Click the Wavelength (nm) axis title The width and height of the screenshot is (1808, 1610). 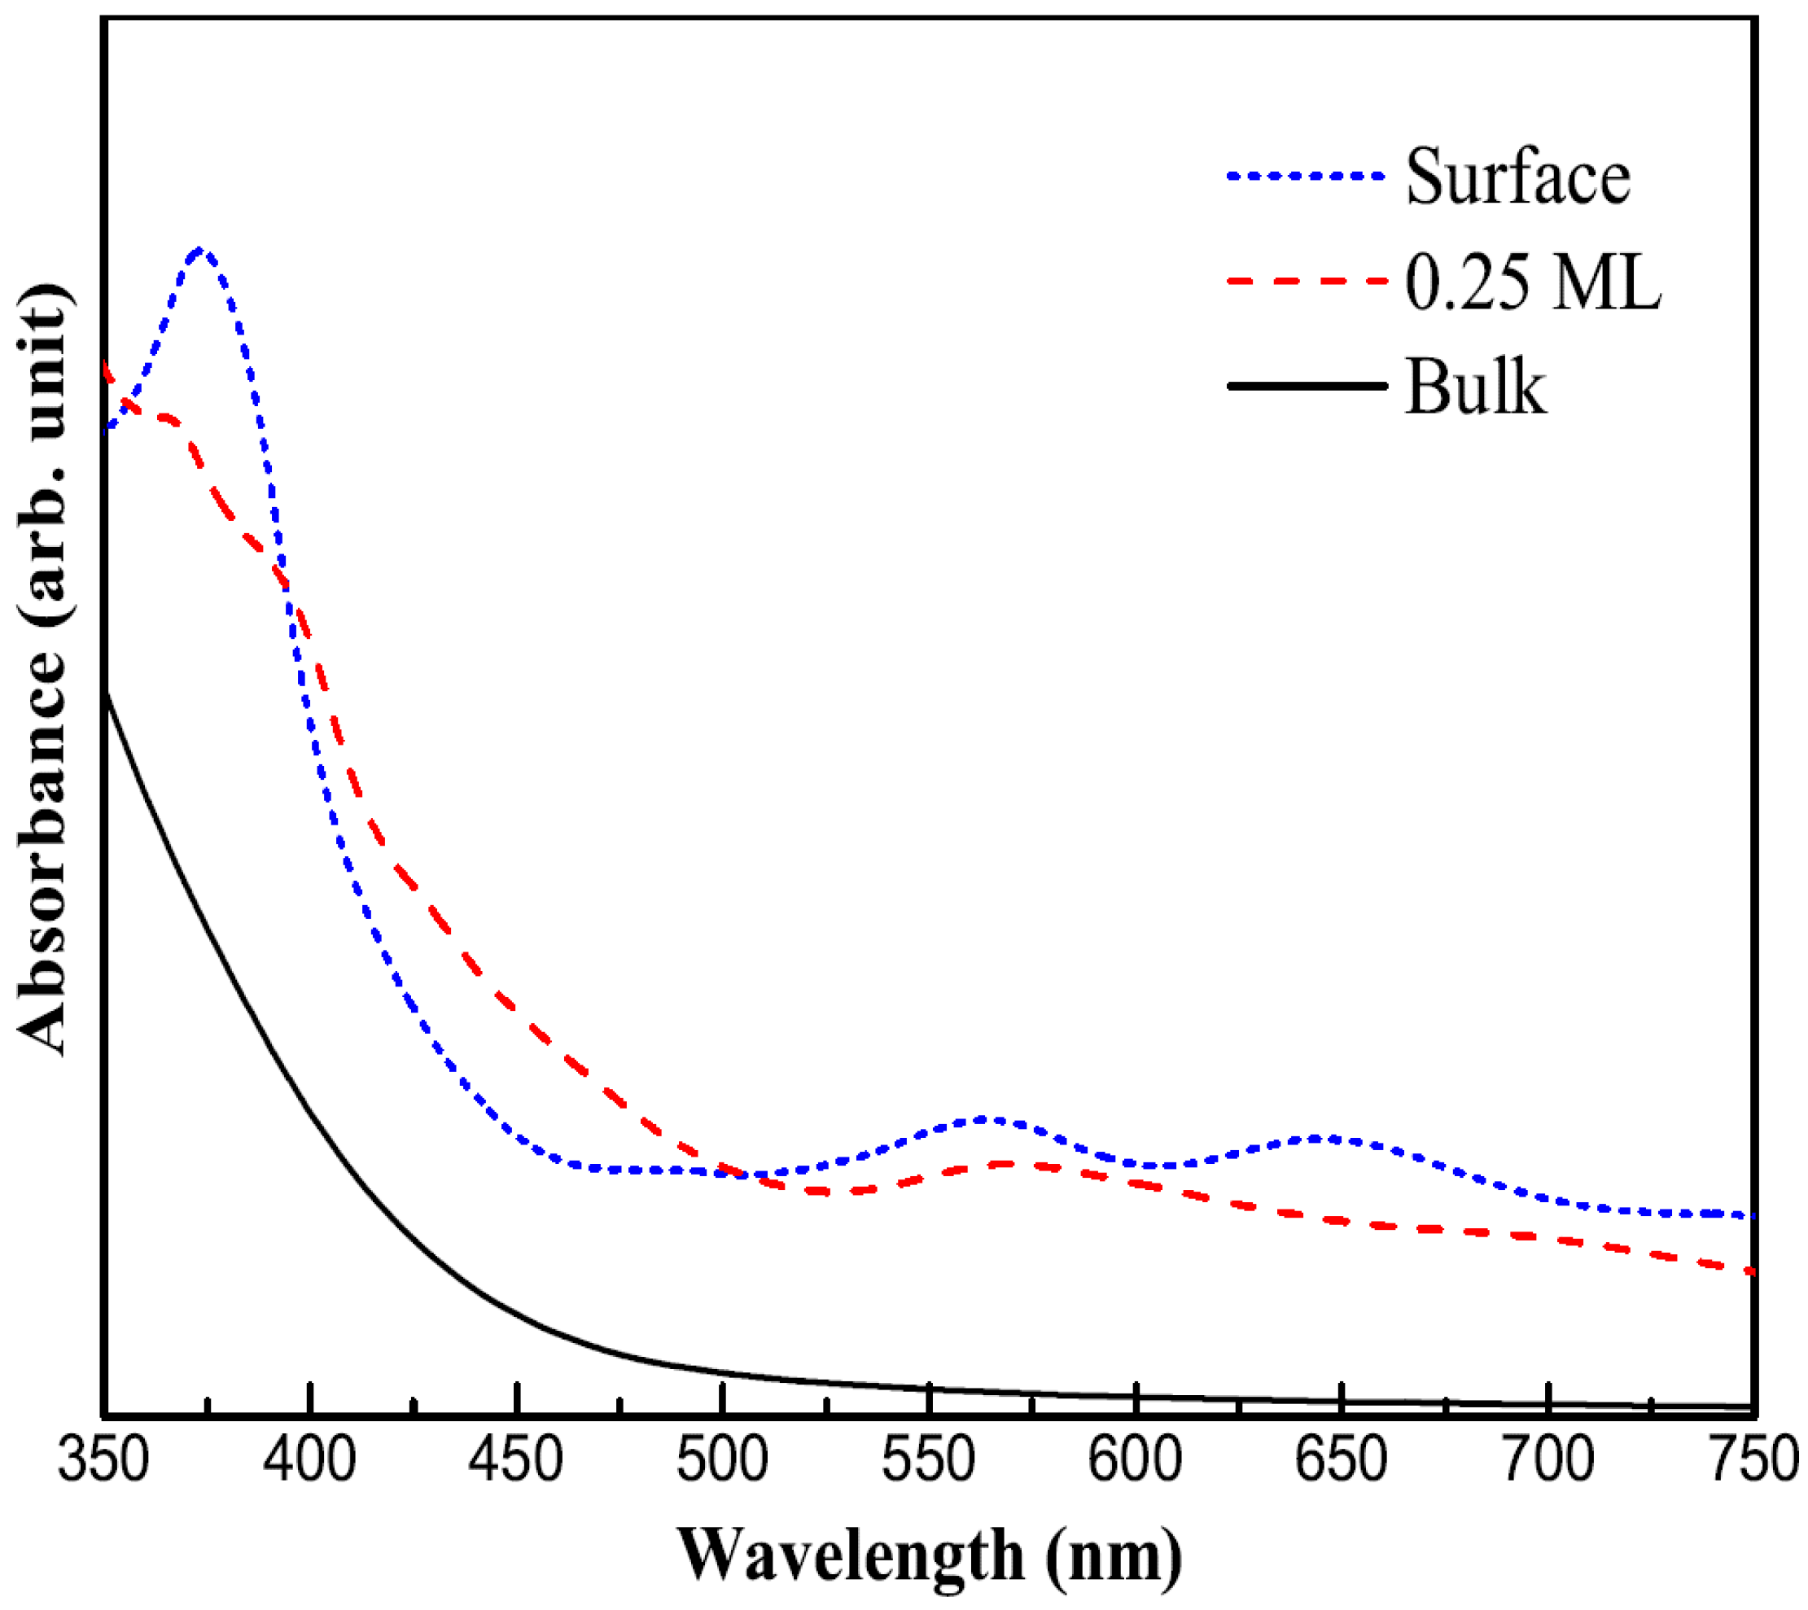tap(929, 1557)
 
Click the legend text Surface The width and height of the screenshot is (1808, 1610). tap(1518, 177)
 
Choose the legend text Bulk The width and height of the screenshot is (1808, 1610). tap(1475, 387)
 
